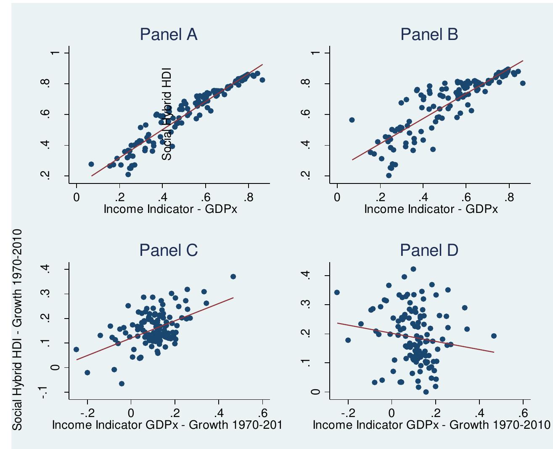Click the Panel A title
pos(168,35)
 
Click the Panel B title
pos(429,35)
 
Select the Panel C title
pos(168,250)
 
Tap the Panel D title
pos(429,250)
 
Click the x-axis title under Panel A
pos(170,209)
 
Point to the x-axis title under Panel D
pos(431,425)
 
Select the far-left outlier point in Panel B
pos(352,120)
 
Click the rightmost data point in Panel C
pos(233,276)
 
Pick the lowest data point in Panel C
pos(122,383)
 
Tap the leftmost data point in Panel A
pos(91,164)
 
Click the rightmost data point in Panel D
pos(494,336)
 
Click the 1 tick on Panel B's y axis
pos(316,53)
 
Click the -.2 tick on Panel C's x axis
pos(87,412)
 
